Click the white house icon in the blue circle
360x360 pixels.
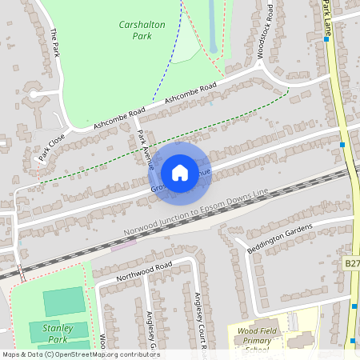point(180,172)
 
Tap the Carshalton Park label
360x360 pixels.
point(142,30)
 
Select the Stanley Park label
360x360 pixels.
point(57,334)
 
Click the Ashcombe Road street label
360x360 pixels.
point(190,94)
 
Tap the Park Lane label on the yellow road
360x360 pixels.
point(327,18)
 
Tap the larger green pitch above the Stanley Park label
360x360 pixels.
point(63,302)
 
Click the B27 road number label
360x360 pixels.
point(352,262)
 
